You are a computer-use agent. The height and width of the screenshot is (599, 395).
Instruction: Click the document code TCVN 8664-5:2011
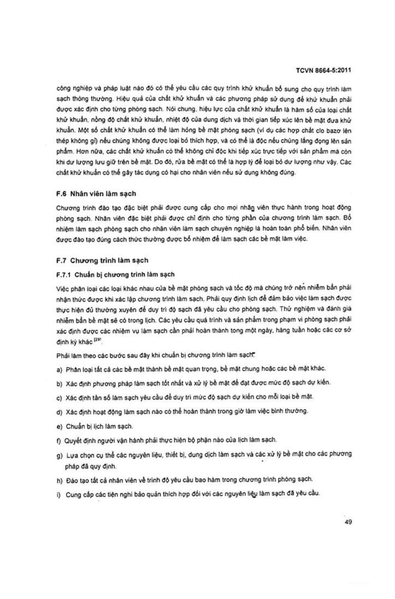[323, 70]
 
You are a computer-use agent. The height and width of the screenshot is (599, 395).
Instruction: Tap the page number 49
[348, 522]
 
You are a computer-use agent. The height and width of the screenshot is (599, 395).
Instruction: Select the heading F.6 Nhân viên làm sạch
[96, 194]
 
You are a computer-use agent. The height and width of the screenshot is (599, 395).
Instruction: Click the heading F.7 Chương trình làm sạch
[102, 261]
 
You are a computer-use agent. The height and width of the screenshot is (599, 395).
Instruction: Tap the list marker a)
[59, 370]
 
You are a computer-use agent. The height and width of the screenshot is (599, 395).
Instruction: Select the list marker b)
[59, 384]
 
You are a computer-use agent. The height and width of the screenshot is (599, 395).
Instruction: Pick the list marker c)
[59, 398]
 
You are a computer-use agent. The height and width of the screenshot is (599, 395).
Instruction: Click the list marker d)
[59, 412]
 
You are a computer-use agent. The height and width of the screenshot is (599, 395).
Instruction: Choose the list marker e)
[59, 427]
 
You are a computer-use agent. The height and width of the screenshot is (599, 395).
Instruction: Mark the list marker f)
[59, 441]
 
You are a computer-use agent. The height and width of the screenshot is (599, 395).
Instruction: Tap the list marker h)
[59, 480]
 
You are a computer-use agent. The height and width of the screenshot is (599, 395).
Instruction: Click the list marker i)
[59, 494]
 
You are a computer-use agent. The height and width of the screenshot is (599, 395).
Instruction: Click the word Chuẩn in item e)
[75, 427]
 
